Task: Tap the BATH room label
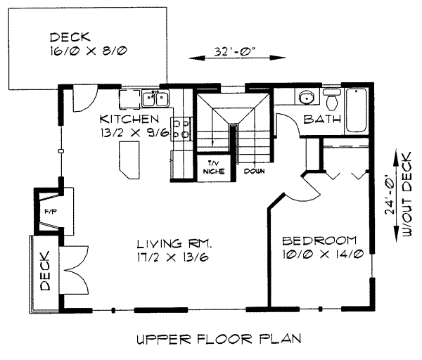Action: pyautogui.click(x=322, y=120)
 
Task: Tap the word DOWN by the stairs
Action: pyautogui.click(x=254, y=170)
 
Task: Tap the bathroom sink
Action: pyautogui.click(x=306, y=97)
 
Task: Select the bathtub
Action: pyautogui.click(x=356, y=110)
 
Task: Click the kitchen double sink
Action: pyautogui.click(x=153, y=98)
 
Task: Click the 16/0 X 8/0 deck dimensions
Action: pyautogui.click(x=84, y=51)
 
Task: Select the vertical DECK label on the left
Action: pyautogui.click(x=45, y=272)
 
